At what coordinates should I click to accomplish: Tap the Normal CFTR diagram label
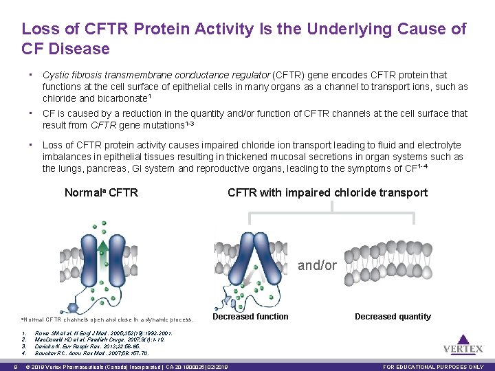coord(101,192)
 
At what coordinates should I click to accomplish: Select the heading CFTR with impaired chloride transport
coord(327,192)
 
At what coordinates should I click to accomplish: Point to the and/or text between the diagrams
coord(318,265)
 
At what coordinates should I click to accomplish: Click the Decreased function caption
coord(250,317)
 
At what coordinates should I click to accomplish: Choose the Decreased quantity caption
coord(393,317)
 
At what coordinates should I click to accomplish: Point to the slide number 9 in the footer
coord(6,367)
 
